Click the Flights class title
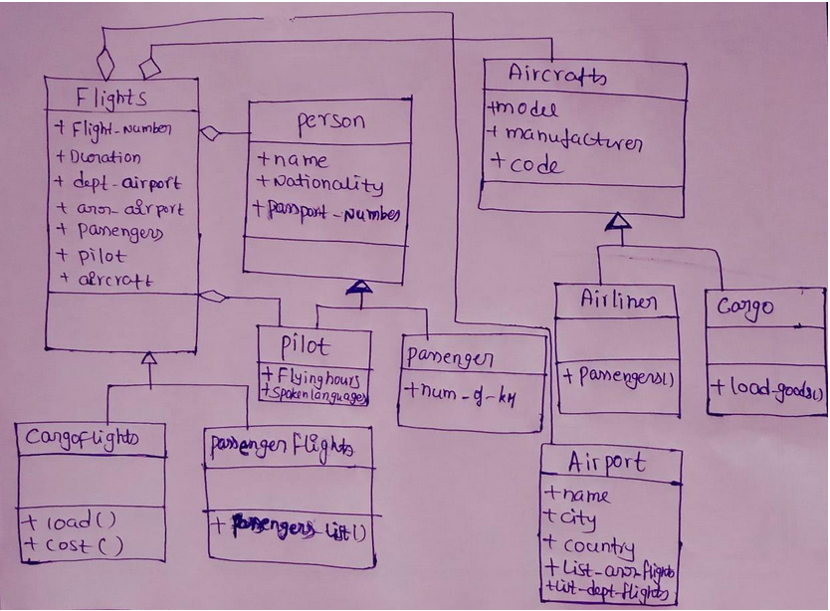tap(111, 98)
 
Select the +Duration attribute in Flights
tap(99, 156)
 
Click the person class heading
tap(329, 122)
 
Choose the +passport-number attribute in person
tap(327, 212)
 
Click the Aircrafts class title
tap(557, 75)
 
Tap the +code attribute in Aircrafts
tap(525, 165)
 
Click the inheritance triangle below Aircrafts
tap(619, 221)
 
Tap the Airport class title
tap(607, 463)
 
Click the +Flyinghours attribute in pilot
tap(312, 378)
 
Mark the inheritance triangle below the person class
tap(359, 288)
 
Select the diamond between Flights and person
tap(210, 131)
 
